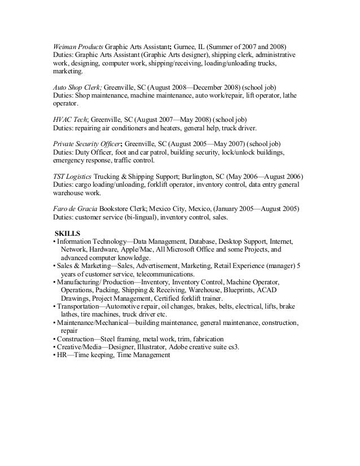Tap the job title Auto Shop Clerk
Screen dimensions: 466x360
(73, 89)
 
